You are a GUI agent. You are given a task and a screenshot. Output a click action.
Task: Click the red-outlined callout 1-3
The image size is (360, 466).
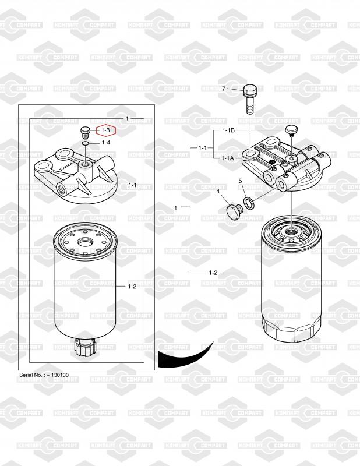pyautogui.click(x=105, y=130)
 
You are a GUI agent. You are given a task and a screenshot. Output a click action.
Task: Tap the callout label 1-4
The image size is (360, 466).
pyautogui.click(x=106, y=143)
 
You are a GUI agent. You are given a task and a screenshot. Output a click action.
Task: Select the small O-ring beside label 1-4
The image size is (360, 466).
pyautogui.click(x=84, y=144)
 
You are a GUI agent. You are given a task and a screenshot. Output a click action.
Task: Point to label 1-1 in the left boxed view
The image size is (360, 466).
pyautogui.click(x=132, y=185)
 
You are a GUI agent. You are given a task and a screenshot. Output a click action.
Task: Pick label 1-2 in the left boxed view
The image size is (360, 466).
pyautogui.click(x=132, y=287)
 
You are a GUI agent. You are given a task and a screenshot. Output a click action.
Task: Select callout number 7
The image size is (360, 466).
pyautogui.click(x=224, y=89)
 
